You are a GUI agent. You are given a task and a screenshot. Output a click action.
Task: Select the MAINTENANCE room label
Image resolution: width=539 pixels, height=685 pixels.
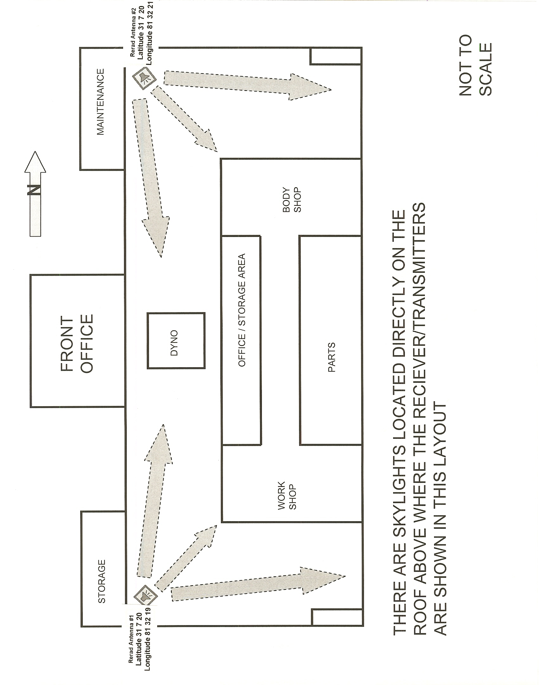(x=101, y=102)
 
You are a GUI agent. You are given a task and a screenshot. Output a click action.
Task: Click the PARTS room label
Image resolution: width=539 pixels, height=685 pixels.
(x=332, y=357)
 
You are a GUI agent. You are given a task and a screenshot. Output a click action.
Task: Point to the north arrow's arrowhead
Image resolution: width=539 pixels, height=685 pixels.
(x=35, y=162)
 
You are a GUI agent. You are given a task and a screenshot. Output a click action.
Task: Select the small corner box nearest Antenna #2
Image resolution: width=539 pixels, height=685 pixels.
(x=336, y=56)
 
